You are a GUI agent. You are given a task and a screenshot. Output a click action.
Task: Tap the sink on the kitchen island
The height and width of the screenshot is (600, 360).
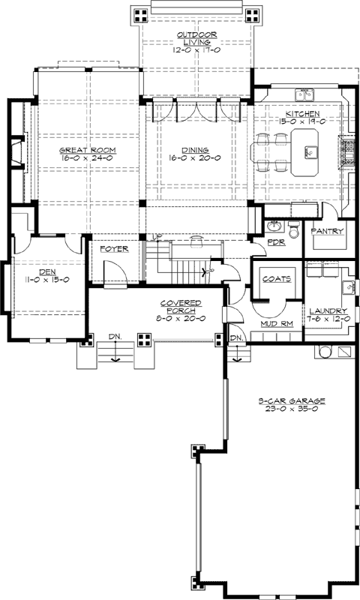pyautogui.click(x=308, y=152)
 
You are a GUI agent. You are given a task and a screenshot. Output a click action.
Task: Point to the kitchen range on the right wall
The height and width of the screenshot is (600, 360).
pyautogui.click(x=347, y=151)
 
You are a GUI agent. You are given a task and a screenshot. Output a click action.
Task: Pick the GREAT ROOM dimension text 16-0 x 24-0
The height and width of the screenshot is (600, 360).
pyautogui.click(x=86, y=158)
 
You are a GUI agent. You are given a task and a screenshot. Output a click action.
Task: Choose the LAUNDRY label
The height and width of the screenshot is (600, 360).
pyautogui.click(x=327, y=310)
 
